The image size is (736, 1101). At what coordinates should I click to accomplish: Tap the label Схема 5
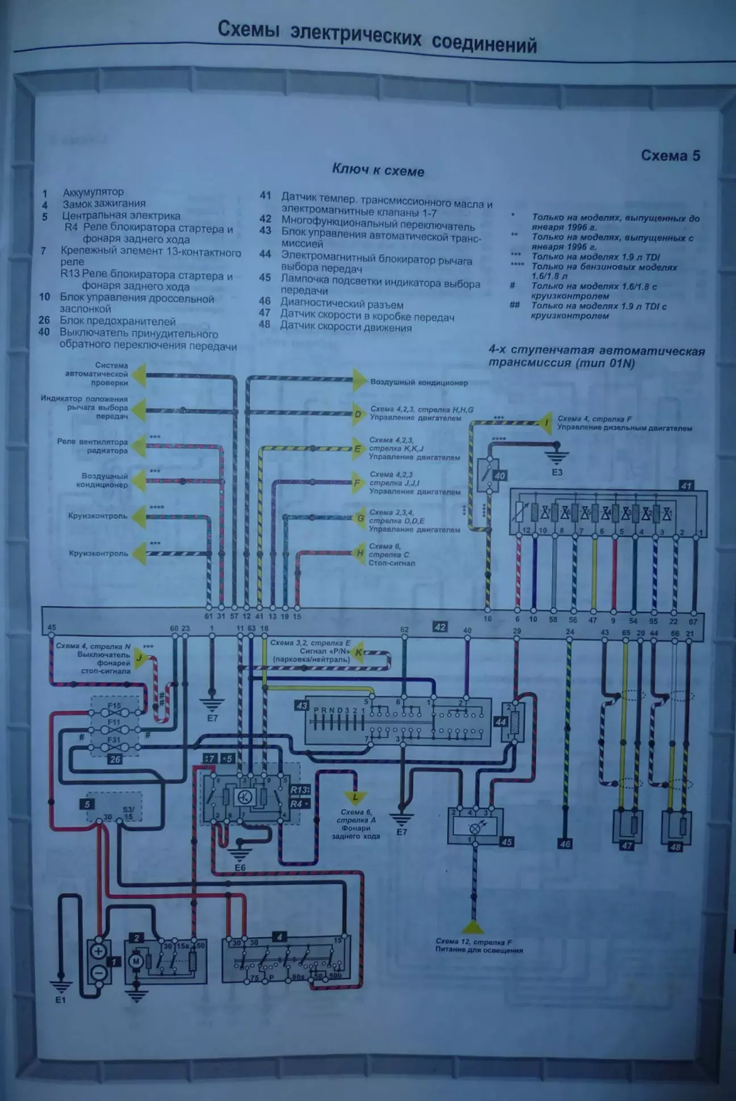(670, 156)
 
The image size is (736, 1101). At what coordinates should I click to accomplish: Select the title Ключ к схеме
(378, 170)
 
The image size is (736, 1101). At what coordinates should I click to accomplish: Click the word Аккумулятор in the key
(93, 192)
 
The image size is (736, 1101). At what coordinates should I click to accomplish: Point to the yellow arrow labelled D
(358, 414)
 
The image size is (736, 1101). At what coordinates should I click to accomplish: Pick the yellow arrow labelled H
(359, 553)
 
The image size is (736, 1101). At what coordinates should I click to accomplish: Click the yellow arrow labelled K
(359, 653)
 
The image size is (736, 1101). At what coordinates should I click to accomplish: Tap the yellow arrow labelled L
(356, 798)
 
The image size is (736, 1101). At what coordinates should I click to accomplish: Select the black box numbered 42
(440, 627)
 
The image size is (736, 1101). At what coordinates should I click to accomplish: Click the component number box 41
(687, 486)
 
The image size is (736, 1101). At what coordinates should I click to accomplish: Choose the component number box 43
(301, 706)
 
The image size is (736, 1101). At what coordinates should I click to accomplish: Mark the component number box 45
(507, 842)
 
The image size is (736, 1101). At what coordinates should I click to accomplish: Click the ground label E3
(557, 472)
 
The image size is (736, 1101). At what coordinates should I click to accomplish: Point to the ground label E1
(60, 1000)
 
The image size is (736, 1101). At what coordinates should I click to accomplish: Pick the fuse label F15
(114, 706)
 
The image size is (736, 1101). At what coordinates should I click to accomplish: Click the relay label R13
(299, 790)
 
